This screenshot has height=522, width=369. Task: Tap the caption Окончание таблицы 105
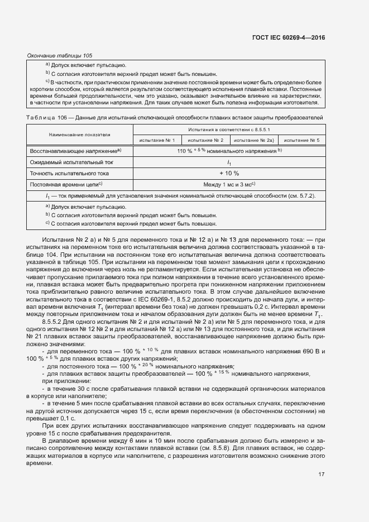tap(60, 55)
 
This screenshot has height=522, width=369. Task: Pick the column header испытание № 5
tap(301, 140)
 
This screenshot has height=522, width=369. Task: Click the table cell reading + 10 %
tap(228, 173)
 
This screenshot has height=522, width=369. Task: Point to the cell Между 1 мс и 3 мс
tap(228, 184)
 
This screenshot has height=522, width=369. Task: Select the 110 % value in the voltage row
tap(185, 151)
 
